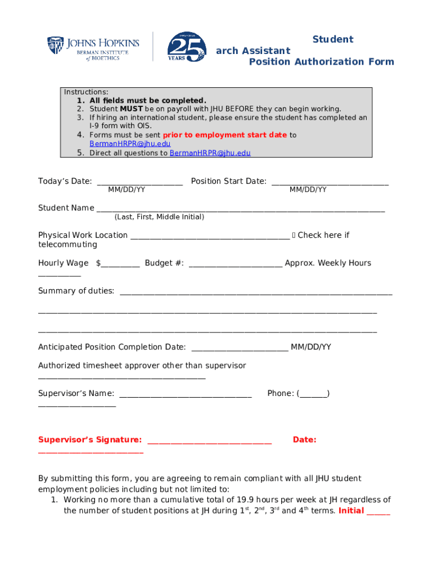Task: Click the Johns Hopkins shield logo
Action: (56, 46)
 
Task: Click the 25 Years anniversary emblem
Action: (186, 47)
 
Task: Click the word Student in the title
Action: (332, 39)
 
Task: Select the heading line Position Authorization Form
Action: (321, 62)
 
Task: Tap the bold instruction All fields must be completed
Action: (148, 101)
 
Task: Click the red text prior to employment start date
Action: (225, 135)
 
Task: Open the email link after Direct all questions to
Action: (210, 153)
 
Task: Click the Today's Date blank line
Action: (139, 182)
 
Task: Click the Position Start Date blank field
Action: (330, 182)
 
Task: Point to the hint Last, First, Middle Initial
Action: (159, 217)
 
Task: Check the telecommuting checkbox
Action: (294, 236)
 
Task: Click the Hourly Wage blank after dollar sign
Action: (120, 264)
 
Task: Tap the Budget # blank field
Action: (235, 264)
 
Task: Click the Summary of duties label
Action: (76, 291)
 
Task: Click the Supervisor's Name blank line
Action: (186, 394)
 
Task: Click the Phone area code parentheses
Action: (313, 394)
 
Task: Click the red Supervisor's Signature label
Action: (89, 440)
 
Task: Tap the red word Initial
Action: (351, 511)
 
